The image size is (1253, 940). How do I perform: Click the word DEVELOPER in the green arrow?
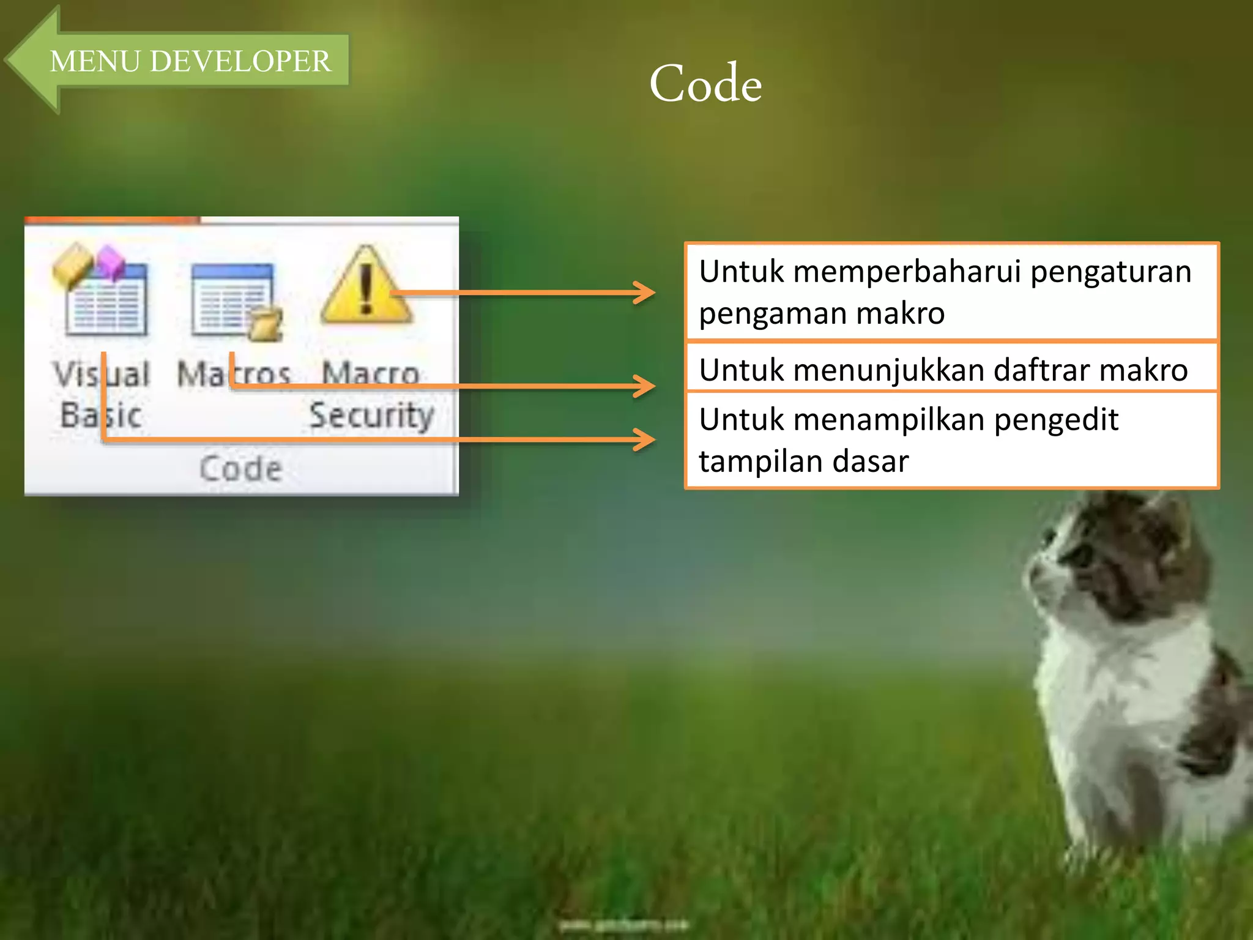[240, 61]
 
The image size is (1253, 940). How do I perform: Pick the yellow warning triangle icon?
[366, 286]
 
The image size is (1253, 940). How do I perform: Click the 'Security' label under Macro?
[371, 416]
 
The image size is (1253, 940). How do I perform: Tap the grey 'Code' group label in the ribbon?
[241, 469]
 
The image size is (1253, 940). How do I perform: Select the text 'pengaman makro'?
[822, 313]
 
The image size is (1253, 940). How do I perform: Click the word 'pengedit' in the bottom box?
[1056, 420]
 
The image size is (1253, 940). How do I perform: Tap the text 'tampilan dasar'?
[803, 461]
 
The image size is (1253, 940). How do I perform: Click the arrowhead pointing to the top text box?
[645, 293]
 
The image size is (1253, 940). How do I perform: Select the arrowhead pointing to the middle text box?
[645, 386]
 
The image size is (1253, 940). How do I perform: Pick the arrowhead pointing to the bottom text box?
[645, 439]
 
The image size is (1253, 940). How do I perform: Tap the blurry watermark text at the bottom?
[624, 924]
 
